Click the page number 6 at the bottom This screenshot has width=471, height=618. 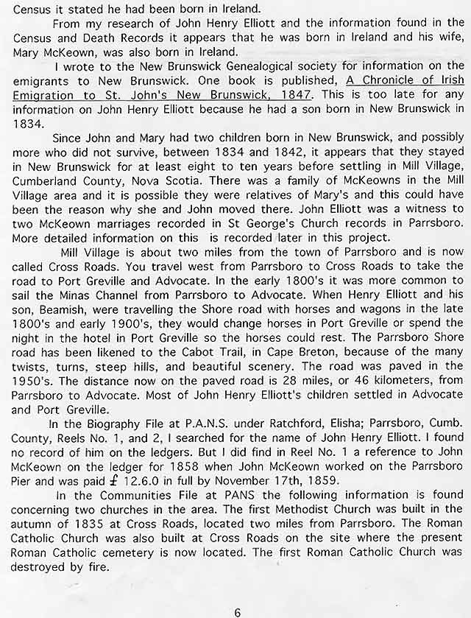pos(237,591)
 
